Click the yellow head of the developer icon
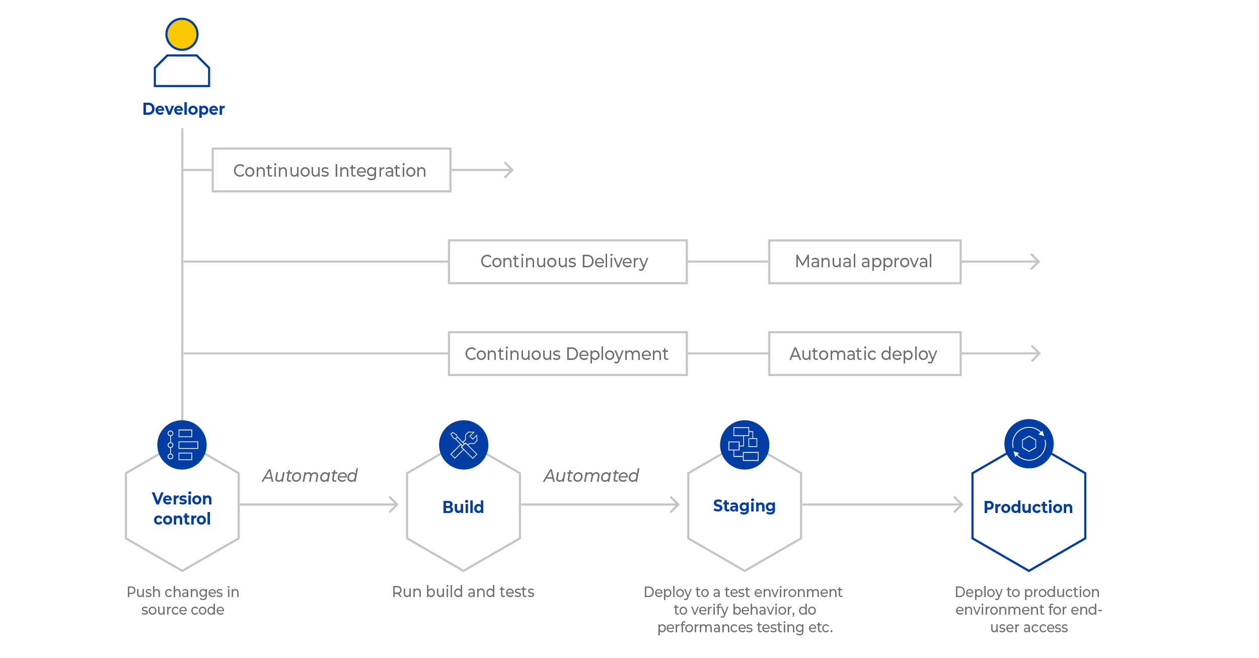pos(182,34)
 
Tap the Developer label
pos(183,109)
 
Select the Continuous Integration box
pos(331,170)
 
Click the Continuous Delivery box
pos(567,262)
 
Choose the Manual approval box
pos(864,262)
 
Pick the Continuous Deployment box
pos(567,353)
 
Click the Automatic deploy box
pos(864,353)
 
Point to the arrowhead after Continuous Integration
pos(509,170)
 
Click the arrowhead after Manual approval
pos(1035,262)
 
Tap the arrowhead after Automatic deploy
pos(1035,353)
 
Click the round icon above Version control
pos(182,445)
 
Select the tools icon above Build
pos(463,445)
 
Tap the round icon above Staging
pos(744,445)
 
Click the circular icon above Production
pos(1028,444)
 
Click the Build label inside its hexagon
pos(463,507)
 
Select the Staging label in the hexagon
pos(744,505)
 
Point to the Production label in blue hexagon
pos(1028,507)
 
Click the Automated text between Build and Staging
pos(591,476)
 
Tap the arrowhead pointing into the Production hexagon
pos(958,504)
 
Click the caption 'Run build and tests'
pos(463,592)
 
